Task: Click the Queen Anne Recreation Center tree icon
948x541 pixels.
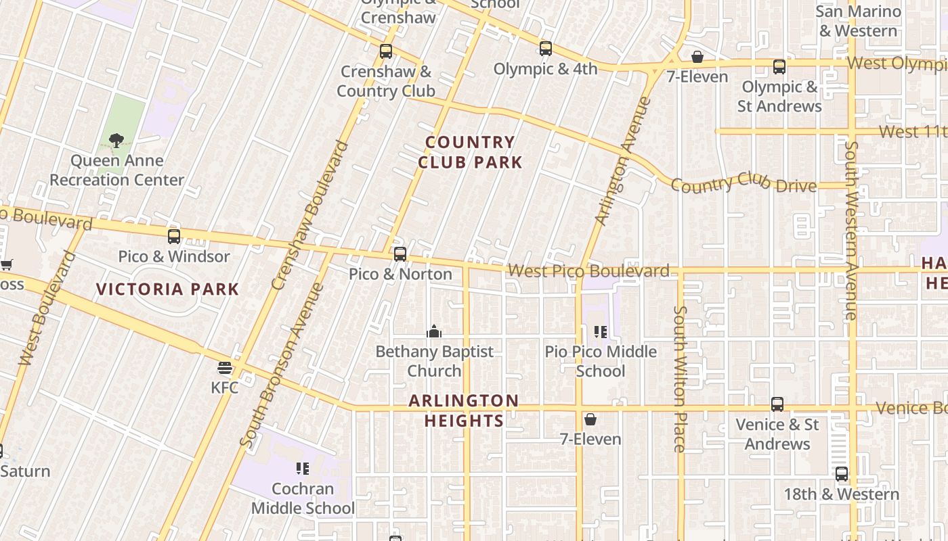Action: [116, 141]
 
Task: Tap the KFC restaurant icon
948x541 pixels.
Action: [225, 368]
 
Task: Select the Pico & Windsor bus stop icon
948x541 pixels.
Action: [174, 237]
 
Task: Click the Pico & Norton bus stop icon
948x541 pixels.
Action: [400, 254]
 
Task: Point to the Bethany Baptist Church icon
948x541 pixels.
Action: [434, 332]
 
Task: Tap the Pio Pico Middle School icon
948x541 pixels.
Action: [601, 332]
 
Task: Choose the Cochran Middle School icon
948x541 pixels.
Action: [303, 469]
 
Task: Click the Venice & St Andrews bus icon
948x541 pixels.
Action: [777, 404]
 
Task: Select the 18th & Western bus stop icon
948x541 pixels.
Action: [842, 474]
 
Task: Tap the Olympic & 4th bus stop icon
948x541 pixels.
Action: [546, 49]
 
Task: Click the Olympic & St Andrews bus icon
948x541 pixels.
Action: [779, 67]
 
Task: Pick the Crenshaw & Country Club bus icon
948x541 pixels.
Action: [386, 51]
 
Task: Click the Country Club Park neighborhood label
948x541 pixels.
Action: [470, 152]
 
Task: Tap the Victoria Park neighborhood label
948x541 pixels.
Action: [168, 289]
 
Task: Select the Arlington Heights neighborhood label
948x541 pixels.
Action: [464, 410]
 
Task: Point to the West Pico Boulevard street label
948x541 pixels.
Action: [588, 271]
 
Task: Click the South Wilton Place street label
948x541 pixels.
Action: [680, 379]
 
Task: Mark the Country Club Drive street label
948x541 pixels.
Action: [744, 183]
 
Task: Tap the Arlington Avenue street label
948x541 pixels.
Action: [622, 162]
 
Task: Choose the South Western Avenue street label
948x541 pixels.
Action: [851, 230]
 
